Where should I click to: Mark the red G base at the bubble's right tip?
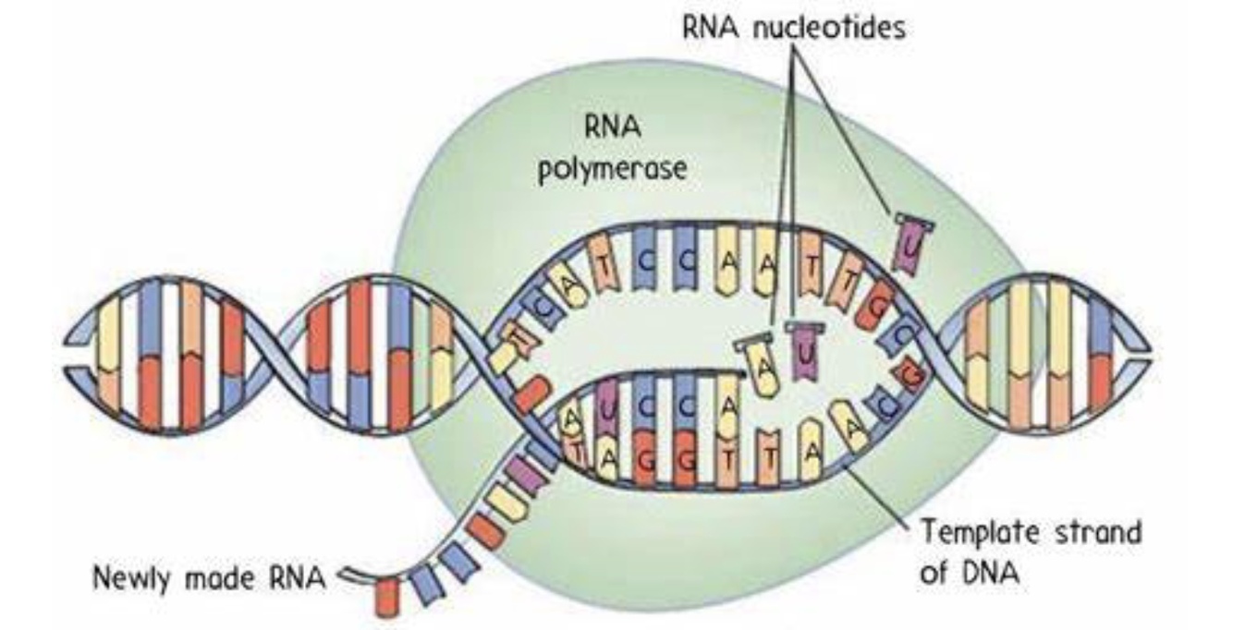[x=912, y=377]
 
